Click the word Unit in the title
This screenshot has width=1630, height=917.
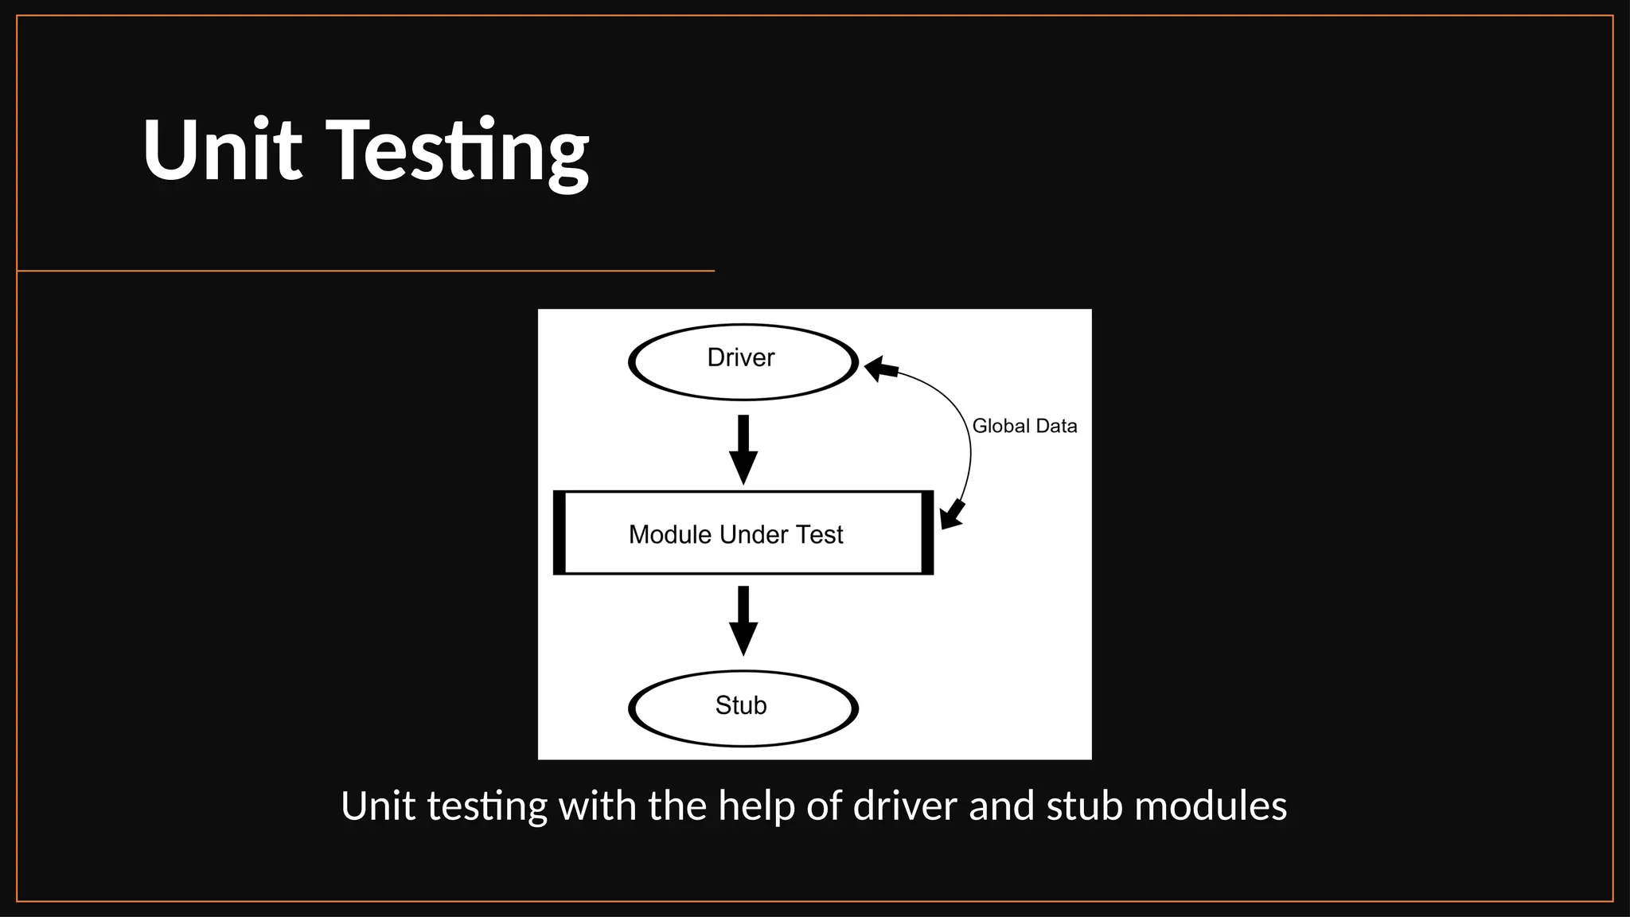click(222, 150)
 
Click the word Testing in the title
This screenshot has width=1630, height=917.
click(459, 151)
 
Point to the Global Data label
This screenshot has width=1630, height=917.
click(1024, 427)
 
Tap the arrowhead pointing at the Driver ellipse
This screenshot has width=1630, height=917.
click(880, 369)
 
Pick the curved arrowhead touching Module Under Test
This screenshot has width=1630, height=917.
click(952, 515)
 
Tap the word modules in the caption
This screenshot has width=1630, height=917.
click(1210, 806)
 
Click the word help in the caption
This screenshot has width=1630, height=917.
click(756, 806)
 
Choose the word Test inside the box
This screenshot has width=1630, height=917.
click(819, 534)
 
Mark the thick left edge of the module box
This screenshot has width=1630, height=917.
click(560, 533)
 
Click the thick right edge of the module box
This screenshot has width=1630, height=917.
click(927, 533)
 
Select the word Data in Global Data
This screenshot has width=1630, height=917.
click(1056, 427)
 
